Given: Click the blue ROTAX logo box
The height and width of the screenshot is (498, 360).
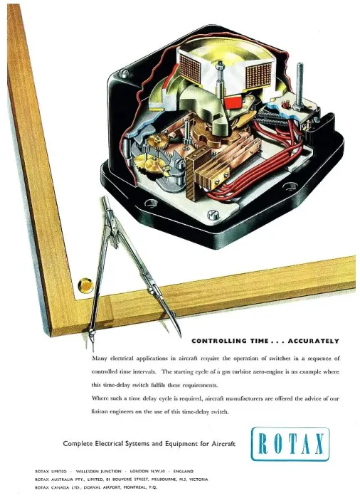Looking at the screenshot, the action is click(290, 444).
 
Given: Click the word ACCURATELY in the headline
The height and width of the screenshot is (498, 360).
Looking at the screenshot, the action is click(313, 341).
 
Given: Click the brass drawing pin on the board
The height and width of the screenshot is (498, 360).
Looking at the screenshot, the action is click(85, 285).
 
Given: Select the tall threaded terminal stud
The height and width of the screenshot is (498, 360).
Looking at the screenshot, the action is click(299, 86).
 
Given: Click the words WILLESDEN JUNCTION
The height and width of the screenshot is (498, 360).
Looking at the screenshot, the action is click(99, 471).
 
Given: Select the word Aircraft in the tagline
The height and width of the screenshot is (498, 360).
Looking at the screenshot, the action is click(223, 444).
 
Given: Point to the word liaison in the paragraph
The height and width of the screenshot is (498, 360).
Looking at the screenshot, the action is click(100, 412).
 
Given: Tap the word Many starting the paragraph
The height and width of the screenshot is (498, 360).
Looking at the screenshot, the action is click(98, 359).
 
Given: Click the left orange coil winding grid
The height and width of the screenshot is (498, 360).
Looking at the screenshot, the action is click(191, 68).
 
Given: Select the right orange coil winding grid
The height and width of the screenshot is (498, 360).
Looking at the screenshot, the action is click(258, 75).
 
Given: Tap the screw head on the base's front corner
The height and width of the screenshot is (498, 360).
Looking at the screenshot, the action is click(213, 215).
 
